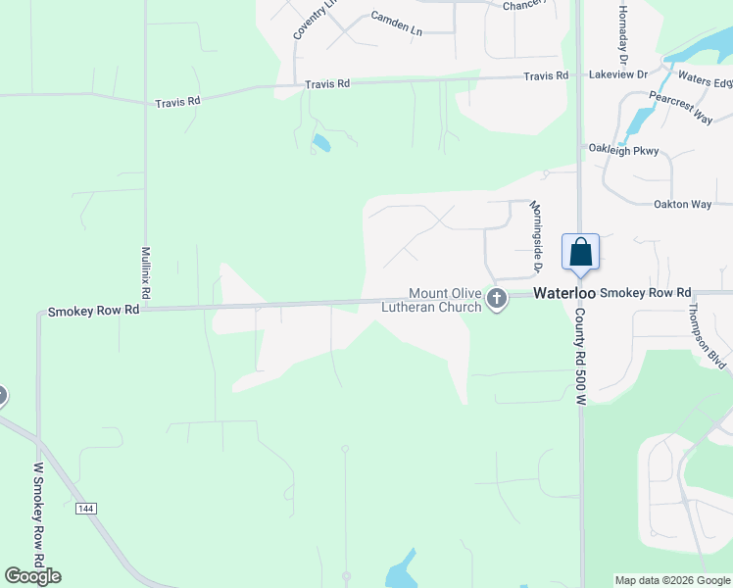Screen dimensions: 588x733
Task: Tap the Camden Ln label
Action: click(396, 24)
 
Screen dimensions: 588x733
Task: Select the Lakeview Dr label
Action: click(617, 74)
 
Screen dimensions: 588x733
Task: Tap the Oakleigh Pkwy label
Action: click(623, 150)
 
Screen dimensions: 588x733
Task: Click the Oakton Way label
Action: click(683, 204)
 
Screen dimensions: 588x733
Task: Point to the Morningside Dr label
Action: click(536, 236)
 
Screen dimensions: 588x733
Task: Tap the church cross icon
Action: click(497, 300)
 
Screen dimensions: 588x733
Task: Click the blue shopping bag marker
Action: click(580, 252)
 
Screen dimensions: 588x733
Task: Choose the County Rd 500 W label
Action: click(579, 357)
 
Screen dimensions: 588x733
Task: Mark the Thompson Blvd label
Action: click(707, 335)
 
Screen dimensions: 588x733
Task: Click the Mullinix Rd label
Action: click(145, 271)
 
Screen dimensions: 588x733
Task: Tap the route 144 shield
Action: click(86, 508)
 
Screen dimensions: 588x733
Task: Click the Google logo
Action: click(32, 576)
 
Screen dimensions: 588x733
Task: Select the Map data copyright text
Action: click(672, 580)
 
